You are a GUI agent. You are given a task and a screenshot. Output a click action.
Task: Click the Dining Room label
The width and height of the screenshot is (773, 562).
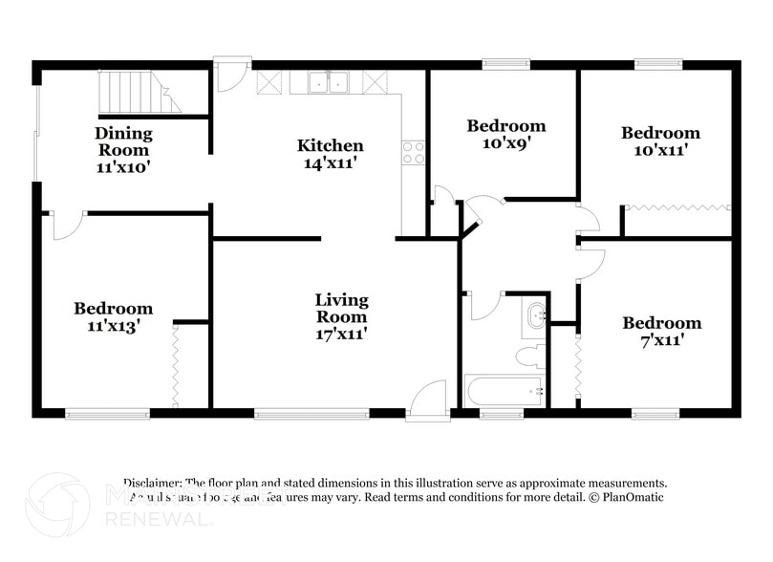click(x=122, y=149)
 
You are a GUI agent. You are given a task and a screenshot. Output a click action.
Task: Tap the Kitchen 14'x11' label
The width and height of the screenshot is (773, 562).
click(x=330, y=153)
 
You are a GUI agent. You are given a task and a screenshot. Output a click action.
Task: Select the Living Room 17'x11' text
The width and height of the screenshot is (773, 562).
click(x=341, y=316)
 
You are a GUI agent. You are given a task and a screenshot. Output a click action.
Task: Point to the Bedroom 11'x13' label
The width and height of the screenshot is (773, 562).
click(x=113, y=316)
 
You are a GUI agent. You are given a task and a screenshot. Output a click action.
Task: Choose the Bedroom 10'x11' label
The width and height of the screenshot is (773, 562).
click(x=659, y=140)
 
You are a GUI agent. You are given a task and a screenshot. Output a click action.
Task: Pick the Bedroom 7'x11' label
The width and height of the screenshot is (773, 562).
click(x=661, y=331)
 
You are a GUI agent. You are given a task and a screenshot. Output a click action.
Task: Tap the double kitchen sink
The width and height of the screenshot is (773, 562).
click(x=331, y=83)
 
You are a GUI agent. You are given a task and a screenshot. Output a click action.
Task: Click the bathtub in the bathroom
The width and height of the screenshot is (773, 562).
click(x=504, y=391)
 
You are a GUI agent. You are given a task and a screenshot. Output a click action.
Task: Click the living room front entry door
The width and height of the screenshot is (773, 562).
click(x=427, y=400)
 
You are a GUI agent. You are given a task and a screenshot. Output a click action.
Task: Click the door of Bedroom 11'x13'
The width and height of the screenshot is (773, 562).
click(x=66, y=226)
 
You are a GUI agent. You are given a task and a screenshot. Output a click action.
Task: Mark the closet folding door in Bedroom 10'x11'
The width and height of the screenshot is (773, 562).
click(x=676, y=205)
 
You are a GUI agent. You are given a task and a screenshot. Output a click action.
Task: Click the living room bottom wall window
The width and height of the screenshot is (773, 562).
click(x=311, y=414)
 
